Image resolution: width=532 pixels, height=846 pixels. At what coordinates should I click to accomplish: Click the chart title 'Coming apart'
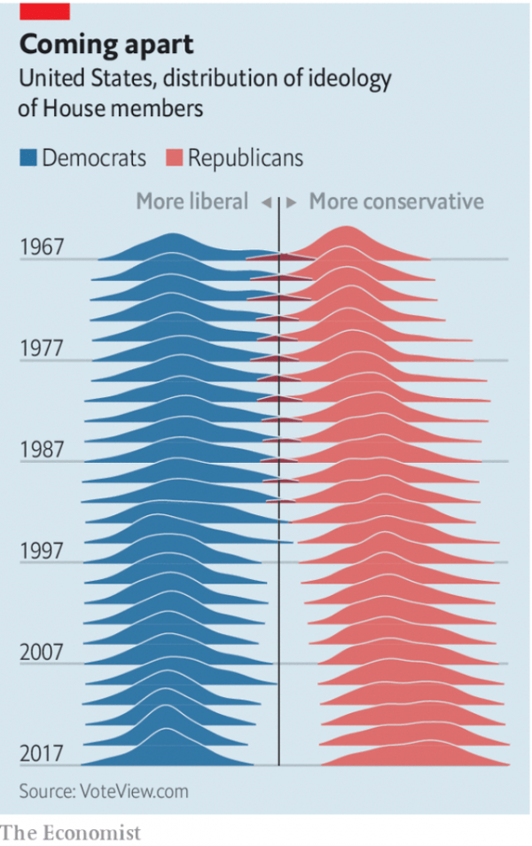pyautogui.click(x=106, y=44)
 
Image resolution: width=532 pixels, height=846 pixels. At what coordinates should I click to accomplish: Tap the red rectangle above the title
pyautogui.click(x=44, y=10)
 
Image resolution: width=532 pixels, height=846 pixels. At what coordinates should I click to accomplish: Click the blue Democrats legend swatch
pyautogui.click(x=28, y=159)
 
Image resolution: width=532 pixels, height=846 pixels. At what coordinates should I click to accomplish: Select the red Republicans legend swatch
pyautogui.click(x=174, y=159)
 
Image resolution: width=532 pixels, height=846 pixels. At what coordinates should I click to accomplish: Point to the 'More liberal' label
pyautogui.click(x=192, y=202)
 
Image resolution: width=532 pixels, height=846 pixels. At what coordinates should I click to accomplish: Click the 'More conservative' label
pyautogui.click(x=396, y=202)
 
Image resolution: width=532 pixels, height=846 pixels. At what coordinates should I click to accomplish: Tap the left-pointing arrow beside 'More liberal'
pyautogui.click(x=266, y=203)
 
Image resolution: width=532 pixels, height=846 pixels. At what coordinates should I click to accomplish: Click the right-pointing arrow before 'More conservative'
pyautogui.click(x=292, y=203)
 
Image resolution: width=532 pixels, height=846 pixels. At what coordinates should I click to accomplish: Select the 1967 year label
pyautogui.click(x=42, y=247)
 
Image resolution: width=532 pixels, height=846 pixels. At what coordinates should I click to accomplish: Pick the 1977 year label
pyautogui.click(x=42, y=348)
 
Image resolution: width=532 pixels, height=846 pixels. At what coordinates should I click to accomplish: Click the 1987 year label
pyautogui.click(x=42, y=449)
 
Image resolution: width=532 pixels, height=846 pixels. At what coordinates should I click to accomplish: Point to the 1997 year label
pyautogui.click(x=42, y=551)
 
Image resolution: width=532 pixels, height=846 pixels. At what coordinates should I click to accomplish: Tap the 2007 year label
pyautogui.click(x=42, y=652)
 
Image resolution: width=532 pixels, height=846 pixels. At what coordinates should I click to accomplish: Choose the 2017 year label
pyautogui.click(x=42, y=754)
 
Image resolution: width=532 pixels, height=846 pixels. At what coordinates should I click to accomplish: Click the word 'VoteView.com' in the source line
pyautogui.click(x=136, y=791)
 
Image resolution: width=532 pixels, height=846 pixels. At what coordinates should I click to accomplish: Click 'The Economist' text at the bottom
pyautogui.click(x=71, y=833)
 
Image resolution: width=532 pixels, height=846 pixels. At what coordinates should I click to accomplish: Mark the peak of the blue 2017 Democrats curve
pyautogui.click(x=165, y=729)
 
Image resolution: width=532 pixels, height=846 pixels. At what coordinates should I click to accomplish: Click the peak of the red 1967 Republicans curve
pyautogui.click(x=345, y=228)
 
